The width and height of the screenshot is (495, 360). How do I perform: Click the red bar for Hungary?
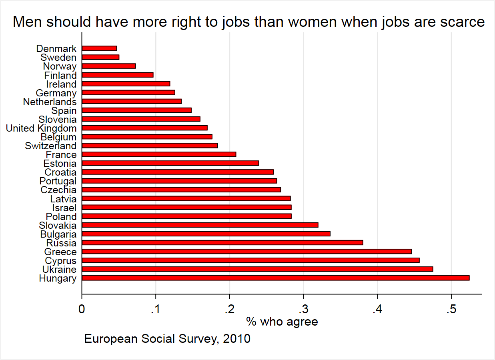click(x=275, y=278)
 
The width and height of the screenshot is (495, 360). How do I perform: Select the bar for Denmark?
click(x=99, y=48)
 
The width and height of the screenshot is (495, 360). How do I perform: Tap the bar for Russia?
click(x=222, y=242)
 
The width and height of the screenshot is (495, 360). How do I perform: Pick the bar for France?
click(x=159, y=154)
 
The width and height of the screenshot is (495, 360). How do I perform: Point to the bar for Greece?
click(x=246, y=251)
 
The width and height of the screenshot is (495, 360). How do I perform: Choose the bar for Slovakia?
click(x=200, y=225)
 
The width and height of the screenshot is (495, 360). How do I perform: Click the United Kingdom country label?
click(x=41, y=128)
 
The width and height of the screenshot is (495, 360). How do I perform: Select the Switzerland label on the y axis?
click(x=50, y=146)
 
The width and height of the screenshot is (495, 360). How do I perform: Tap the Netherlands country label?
click(x=50, y=102)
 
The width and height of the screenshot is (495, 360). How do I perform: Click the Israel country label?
click(x=64, y=208)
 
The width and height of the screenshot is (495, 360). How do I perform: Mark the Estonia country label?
click(x=60, y=164)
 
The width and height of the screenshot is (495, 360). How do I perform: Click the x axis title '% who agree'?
click(x=282, y=321)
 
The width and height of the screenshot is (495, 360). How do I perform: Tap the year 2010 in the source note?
click(x=237, y=339)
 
